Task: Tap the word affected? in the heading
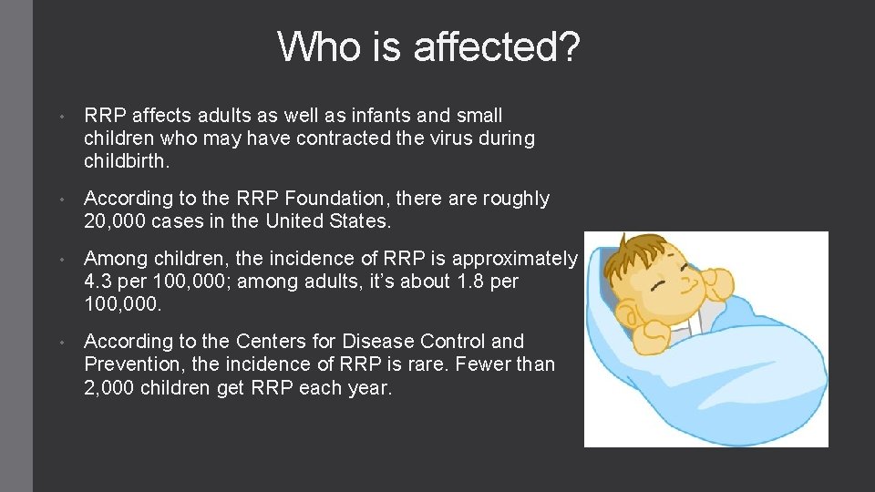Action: tap(496, 47)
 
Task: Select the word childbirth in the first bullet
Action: tap(125, 162)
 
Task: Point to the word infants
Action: tap(377, 116)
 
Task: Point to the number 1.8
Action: tap(475, 282)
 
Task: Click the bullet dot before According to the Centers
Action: tap(59, 343)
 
